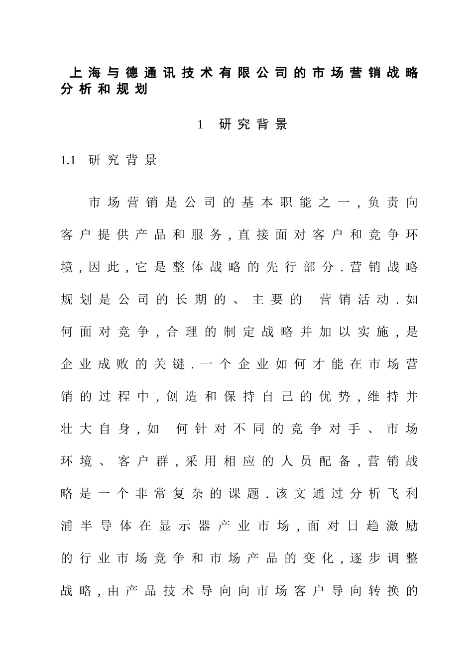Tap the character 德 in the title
pos(131,74)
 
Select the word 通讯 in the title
pos(159,74)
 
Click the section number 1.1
pos(68,160)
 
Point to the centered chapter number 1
pos(200,125)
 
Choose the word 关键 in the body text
pos(169,364)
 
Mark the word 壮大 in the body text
pos(76,429)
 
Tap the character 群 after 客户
pos(162,461)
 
